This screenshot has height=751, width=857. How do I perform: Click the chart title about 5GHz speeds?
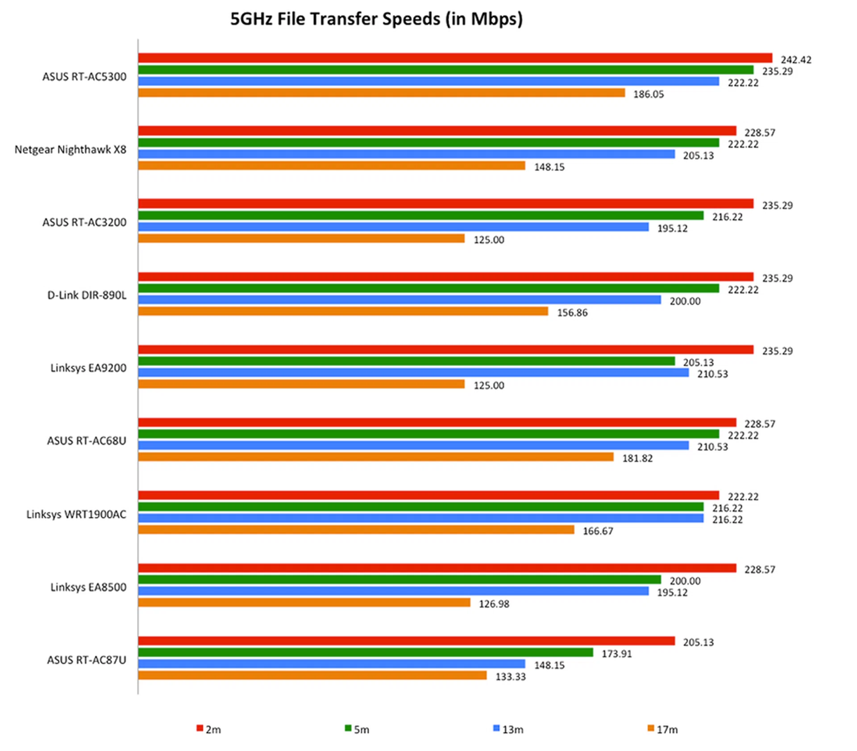[376, 19]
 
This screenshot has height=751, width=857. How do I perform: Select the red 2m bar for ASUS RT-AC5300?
[454, 58]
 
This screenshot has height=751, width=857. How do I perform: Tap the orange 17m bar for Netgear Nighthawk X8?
[332, 166]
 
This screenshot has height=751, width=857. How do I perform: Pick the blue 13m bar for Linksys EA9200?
[413, 373]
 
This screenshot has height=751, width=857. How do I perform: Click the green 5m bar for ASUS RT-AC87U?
[365, 652]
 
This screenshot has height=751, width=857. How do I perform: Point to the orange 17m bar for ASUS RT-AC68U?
[376, 457]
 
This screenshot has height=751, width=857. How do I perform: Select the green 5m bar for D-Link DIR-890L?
[428, 289]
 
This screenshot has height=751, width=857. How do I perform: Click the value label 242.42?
[796, 60]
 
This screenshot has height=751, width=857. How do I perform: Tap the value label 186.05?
[648, 94]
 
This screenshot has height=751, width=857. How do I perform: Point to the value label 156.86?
[572, 313]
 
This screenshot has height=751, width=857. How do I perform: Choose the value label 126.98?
[494, 604]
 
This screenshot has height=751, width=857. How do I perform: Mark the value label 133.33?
[510, 676]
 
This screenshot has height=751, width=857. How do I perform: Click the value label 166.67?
[598, 531]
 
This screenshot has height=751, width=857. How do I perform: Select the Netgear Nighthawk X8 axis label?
[71, 149]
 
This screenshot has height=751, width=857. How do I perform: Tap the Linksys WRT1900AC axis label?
[76, 514]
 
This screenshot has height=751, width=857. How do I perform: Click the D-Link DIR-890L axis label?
[87, 295]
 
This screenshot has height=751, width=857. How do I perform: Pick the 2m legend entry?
[209, 729]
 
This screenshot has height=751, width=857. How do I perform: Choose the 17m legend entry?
[662, 729]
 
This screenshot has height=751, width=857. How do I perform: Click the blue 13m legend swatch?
[496, 728]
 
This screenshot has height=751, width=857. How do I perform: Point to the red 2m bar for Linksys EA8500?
[437, 568]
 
